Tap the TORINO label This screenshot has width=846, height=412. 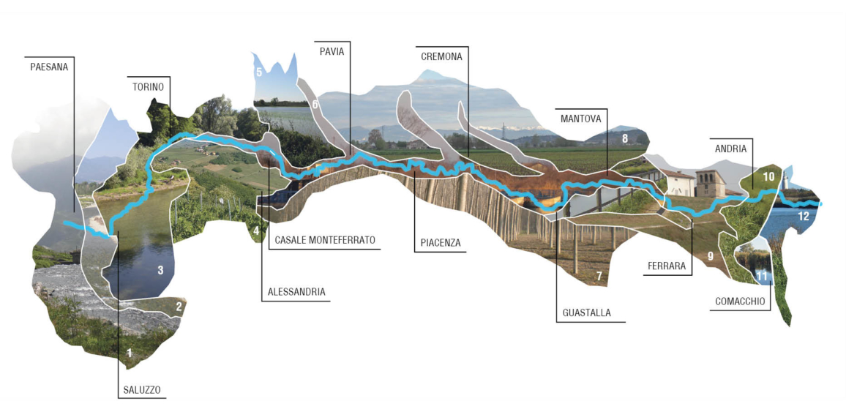coord(149,86)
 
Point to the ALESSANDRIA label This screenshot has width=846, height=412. coord(296,293)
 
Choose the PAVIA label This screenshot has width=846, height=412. coord(332,51)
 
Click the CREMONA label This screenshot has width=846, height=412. coord(443,56)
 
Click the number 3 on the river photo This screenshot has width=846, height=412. coord(160,270)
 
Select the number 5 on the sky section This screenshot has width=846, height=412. coord(259,72)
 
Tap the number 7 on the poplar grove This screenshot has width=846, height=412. coord(599,277)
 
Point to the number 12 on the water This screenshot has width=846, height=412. coord(804,217)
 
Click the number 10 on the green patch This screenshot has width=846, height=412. coord(769,176)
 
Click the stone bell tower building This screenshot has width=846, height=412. coord(710,184)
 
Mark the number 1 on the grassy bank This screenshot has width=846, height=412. coord(129,353)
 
